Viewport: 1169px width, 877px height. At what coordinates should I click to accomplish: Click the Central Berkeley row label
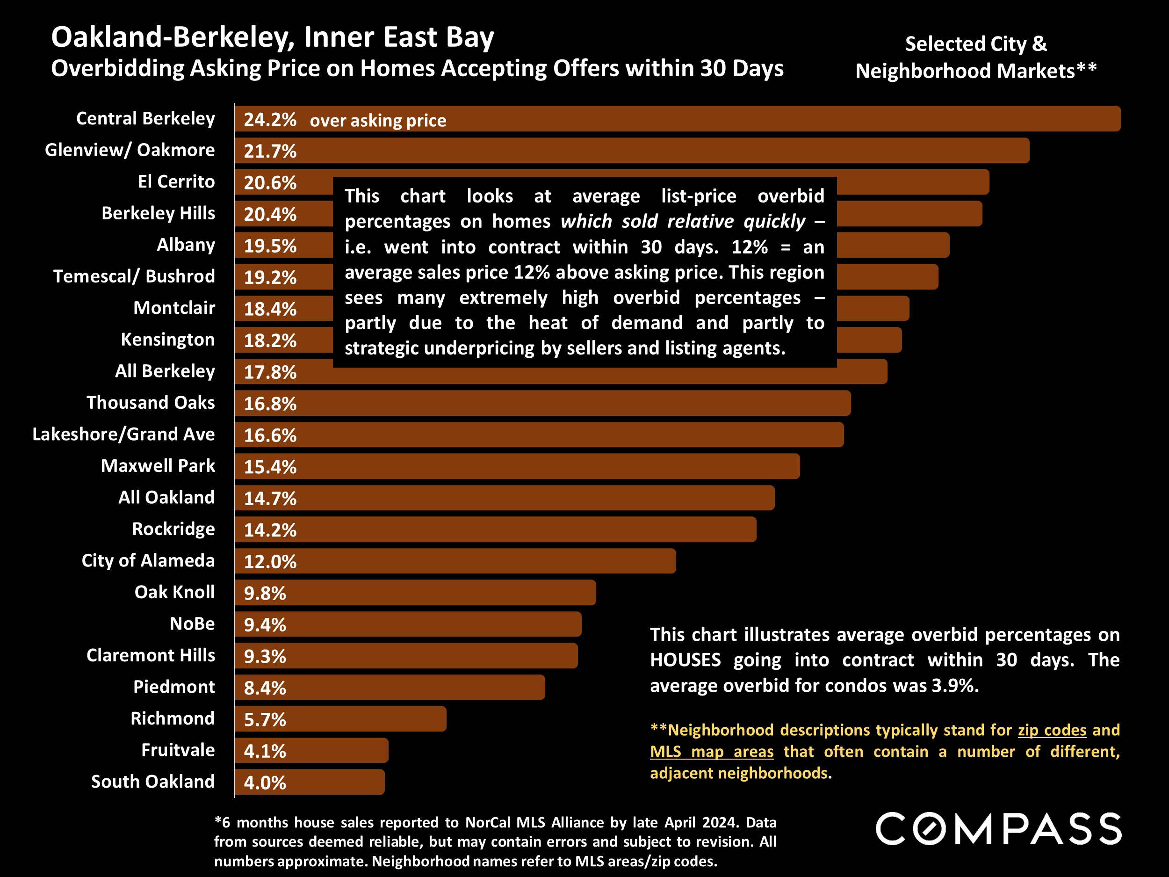(145, 118)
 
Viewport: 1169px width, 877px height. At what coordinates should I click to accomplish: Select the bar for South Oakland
(338, 783)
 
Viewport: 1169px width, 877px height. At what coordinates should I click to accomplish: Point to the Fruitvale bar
(338, 751)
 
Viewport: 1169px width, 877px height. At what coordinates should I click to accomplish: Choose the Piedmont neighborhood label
(174, 687)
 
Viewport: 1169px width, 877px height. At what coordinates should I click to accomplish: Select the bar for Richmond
(370, 719)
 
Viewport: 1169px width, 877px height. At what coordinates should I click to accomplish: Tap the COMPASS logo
(998, 829)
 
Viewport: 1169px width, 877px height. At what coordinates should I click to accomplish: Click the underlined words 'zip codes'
(1052, 730)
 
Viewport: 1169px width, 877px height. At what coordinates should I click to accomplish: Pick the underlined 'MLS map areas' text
(711, 752)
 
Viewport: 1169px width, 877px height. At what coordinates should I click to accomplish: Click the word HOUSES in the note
(685, 660)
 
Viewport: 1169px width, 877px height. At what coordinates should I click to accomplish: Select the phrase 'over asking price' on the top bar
(378, 121)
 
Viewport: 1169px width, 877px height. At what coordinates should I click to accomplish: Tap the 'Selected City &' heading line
(975, 44)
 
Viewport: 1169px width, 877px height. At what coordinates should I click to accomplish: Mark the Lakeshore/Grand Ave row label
(123, 434)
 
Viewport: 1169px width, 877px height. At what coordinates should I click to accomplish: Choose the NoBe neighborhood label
(192, 624)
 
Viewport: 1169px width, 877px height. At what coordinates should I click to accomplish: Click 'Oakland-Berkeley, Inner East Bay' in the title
(272, 37)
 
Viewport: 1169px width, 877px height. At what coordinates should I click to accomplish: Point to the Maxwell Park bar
(528, 466)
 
